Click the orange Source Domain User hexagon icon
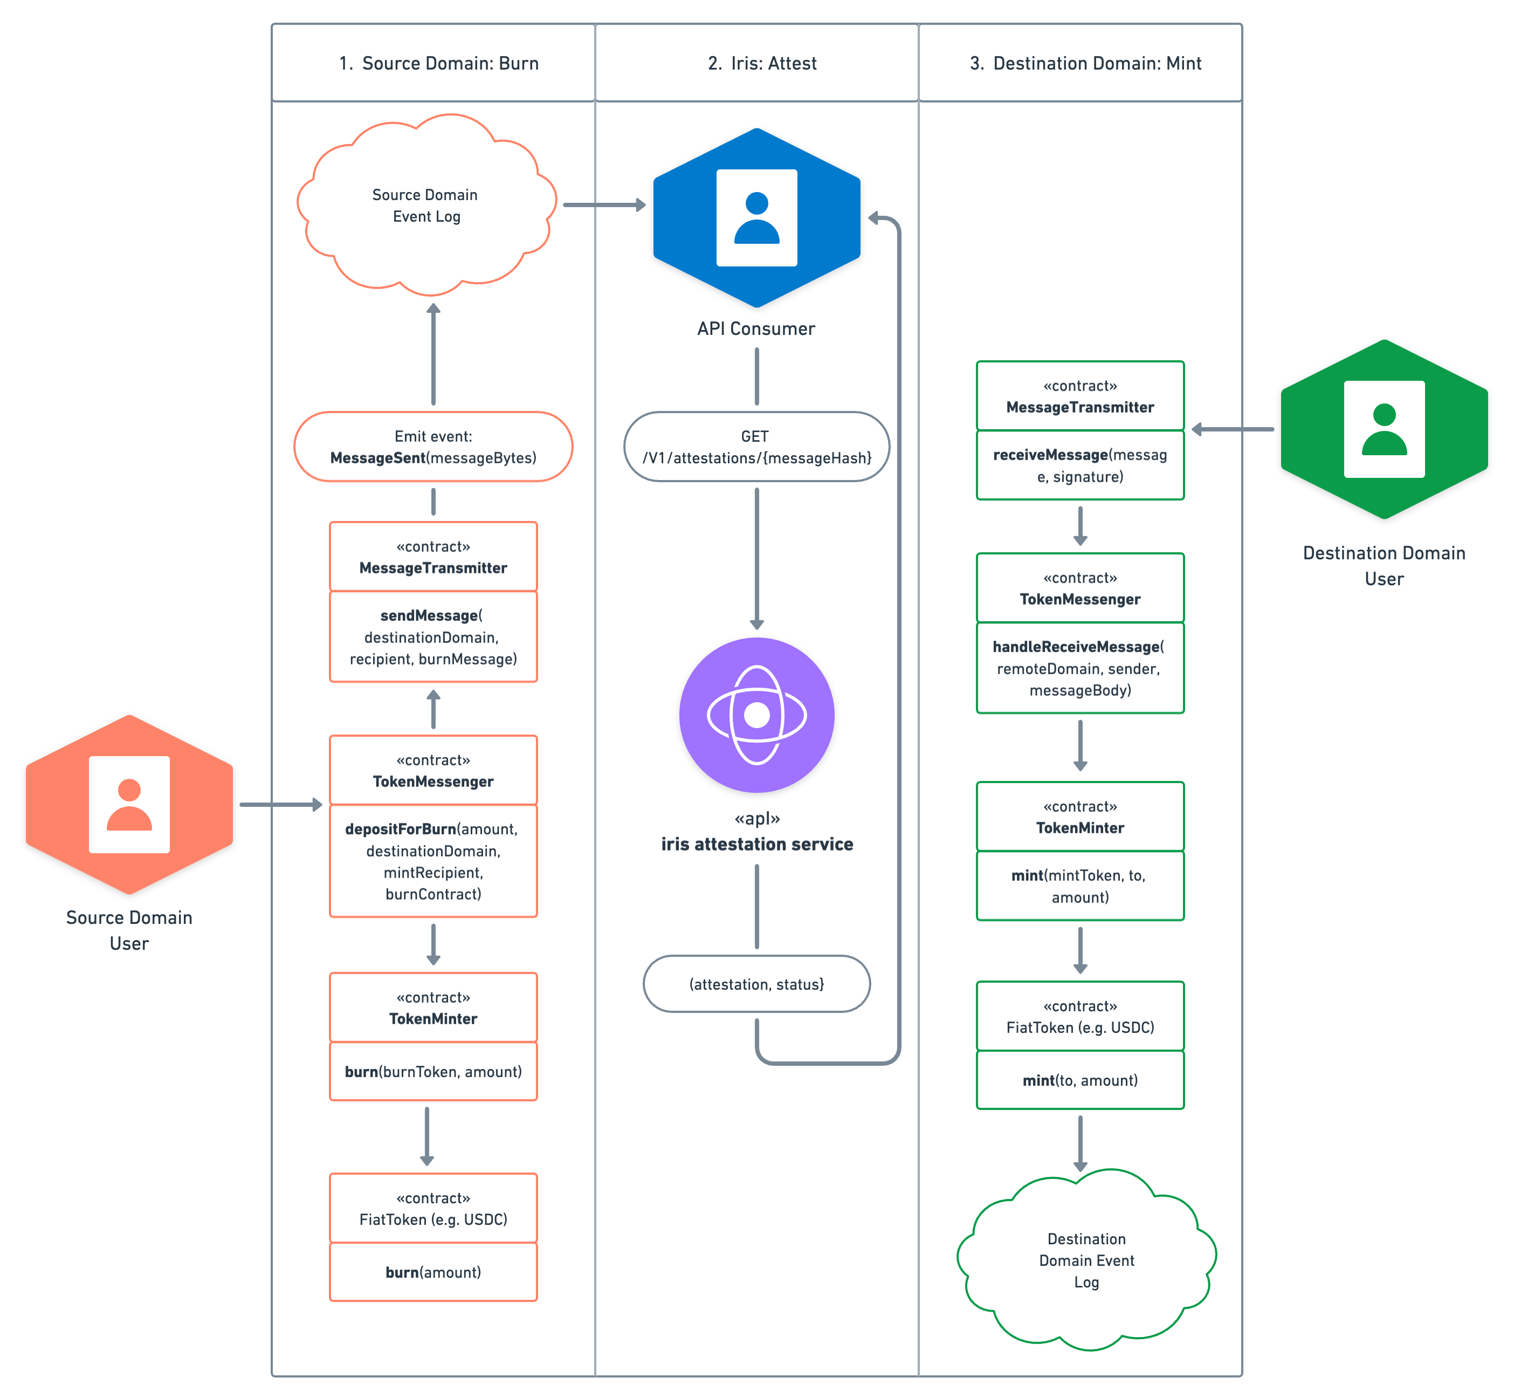129,804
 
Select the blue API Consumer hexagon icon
756,218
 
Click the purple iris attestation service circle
756,715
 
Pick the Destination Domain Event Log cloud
1086,1259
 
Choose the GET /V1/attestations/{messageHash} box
756,447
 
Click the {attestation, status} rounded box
756,983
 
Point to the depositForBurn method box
432,861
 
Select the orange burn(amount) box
432,1272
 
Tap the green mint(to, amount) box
1080,1080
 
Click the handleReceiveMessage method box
1080,668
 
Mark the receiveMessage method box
1080,465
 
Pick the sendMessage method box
432,637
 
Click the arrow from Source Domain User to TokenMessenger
280,804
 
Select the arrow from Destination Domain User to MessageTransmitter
1233,429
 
